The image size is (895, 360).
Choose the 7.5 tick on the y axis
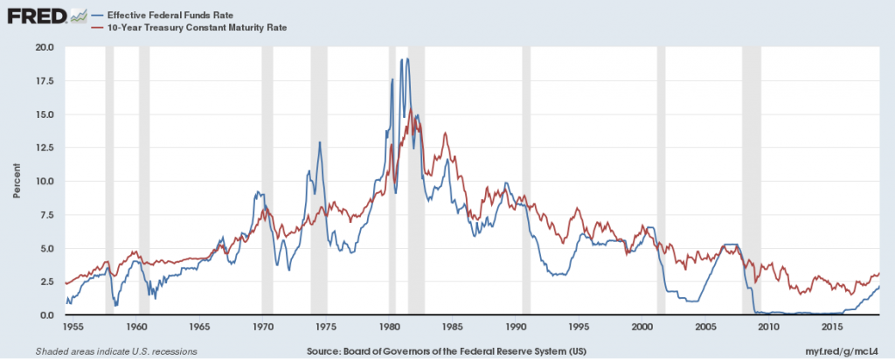point(45,215)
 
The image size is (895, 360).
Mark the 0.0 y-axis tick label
point(45,315)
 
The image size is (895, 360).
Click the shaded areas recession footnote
point(115,351)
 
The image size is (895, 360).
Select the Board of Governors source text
point(447,351)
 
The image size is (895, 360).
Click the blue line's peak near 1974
point(320,142)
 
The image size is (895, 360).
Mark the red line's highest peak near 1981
point(411,109)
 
